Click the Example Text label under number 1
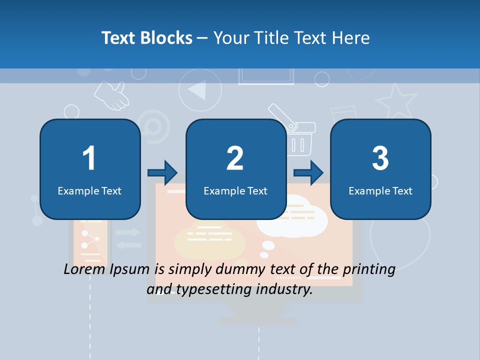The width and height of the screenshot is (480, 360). pos(89,190)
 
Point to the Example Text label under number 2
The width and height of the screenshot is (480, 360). pos(235,190)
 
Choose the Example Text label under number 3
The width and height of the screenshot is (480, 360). pos(380,190)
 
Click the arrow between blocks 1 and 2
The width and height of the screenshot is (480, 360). pos(162,173)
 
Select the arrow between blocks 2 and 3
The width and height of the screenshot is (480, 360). pos(308,173)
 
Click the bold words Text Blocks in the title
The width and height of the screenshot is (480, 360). pos(147,37)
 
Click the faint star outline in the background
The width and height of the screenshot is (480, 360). pos(396,101)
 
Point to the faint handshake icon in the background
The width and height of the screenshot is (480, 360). pos(112,95)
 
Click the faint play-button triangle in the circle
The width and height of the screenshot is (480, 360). pos(198,90)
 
